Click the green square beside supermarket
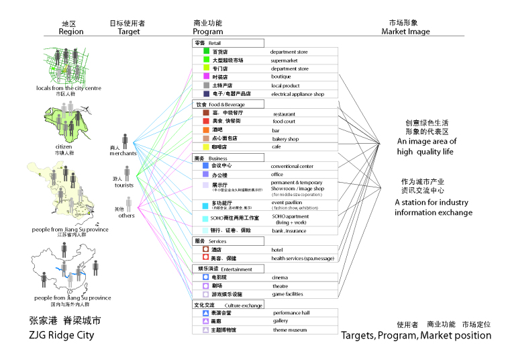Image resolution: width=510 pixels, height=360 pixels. click(x=207, y=60)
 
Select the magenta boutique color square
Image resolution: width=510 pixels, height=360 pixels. click(x=207, y=77)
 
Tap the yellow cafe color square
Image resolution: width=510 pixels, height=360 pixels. click(x=207, y=146)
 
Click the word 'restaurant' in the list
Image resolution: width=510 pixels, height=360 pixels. click(x=284, y=114)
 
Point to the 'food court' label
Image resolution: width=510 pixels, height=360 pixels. click(x=284, y=122)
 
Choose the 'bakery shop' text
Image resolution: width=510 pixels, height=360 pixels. click(x=285, y=139)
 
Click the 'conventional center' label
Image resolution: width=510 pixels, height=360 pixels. click(x=292, y=166)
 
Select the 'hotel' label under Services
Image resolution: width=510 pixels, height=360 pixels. click(x=277, y=250)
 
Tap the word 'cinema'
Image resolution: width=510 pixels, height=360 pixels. click(x=280, y=277)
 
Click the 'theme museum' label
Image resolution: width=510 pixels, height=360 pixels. click(x=290, y=330)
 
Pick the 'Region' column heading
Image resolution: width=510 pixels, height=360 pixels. click(x=71, y=32)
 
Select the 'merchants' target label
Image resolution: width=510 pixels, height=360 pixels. click(x=123, y=153)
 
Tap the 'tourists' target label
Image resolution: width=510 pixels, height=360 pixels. click(x=124, y=185)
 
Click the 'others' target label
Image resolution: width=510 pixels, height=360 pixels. click(x=125, y=216)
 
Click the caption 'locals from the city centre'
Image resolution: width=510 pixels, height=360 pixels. click(x=68, y=88)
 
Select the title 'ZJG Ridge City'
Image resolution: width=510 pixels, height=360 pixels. click(x=62, y=334)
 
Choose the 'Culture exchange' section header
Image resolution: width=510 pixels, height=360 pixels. click(x=239, y=305)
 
